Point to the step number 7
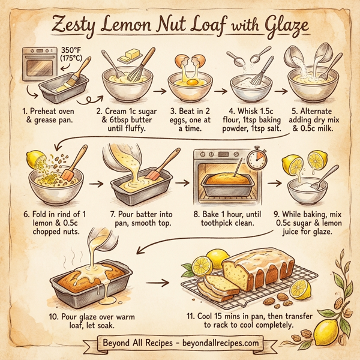point(113,214)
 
